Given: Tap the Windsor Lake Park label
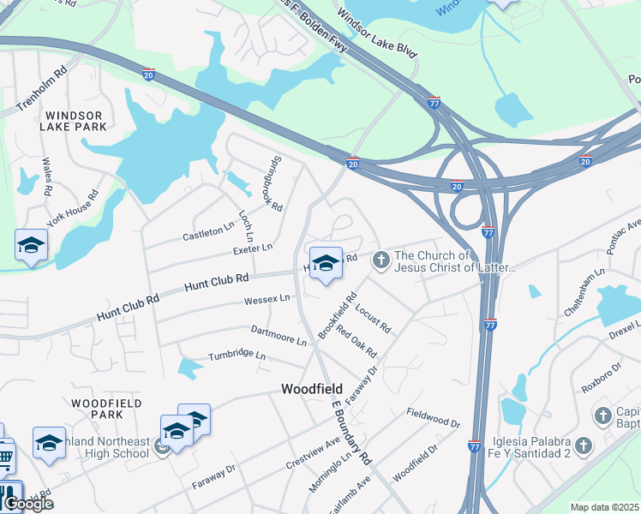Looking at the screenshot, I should pyautogui.click(x=75, y=121).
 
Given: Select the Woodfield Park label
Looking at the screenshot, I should pyautogui.click(x=99, y=408).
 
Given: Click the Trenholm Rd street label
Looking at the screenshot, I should pyautogui.click(x=42, y=90).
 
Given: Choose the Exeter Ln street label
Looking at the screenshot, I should pyautogui.click(x=252, y=248).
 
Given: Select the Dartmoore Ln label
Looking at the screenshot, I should pyautogui.click(x=279, y=335).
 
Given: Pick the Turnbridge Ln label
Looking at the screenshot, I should pyautogui.click(x=237, y=356).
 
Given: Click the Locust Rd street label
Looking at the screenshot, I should pyautogui.click(x=373, y=315).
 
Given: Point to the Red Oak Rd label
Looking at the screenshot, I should pyautogui.click(x=356, y=340).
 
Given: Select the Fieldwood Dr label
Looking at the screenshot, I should pyautogui.click(x=434, y=418).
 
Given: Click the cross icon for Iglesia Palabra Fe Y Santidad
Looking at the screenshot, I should pyautogui.click(x=584, y=445).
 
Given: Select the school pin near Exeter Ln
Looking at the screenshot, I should pyautogui.click(x=32, y=246).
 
